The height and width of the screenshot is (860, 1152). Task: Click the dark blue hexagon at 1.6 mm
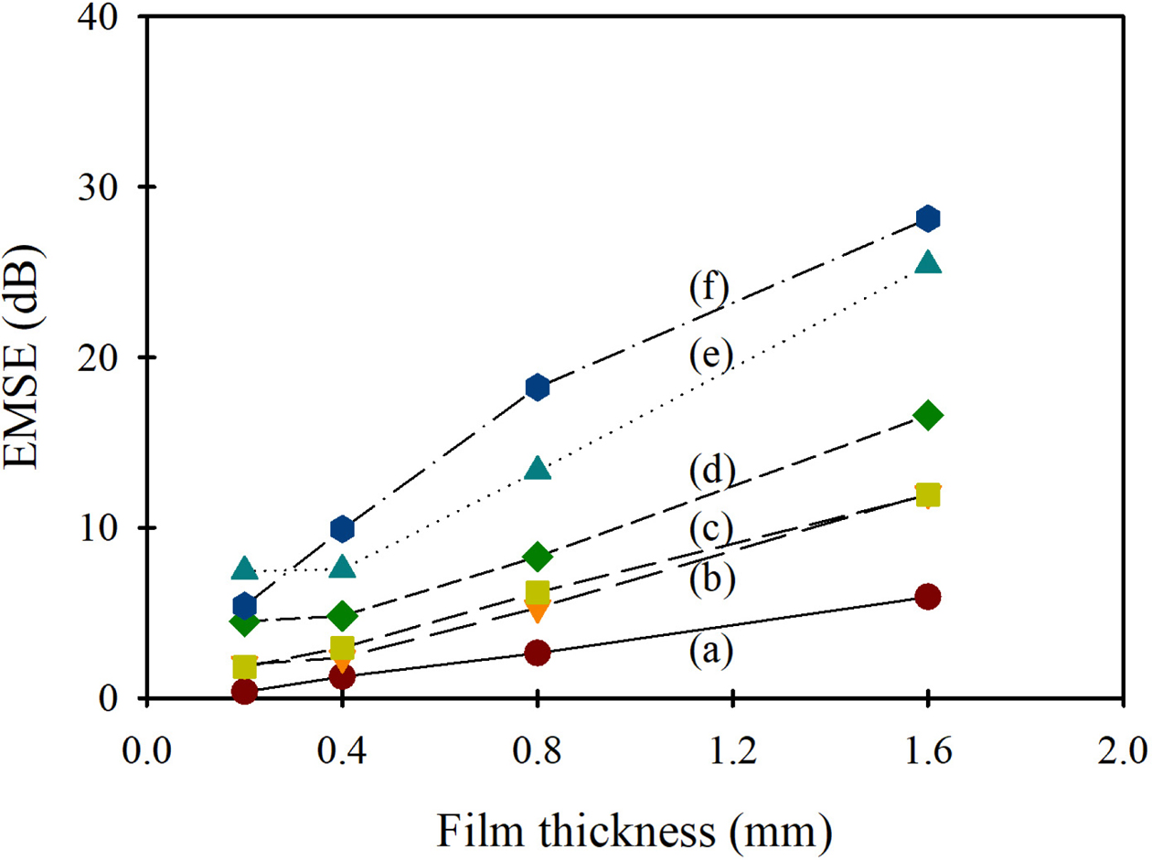pyautogui.click(x=928, y=218)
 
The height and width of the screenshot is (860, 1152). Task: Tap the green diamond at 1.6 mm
pyautogui.click(x=928, y=415)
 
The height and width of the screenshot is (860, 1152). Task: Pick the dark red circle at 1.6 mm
pyautogui.click(x=928, y=597)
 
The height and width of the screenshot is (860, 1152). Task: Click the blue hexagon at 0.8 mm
pyautogui.click(x=538, y=387)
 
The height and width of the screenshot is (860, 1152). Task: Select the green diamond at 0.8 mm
pyautogui.click(x=538, y=556)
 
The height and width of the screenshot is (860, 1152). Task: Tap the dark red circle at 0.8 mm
pyautogui.click(x=538, y=653)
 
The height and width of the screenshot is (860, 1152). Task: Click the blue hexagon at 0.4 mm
pyautogui.click(x=342, y=528)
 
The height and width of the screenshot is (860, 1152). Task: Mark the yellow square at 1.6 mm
pyautogui.click(x=928, y=495)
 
